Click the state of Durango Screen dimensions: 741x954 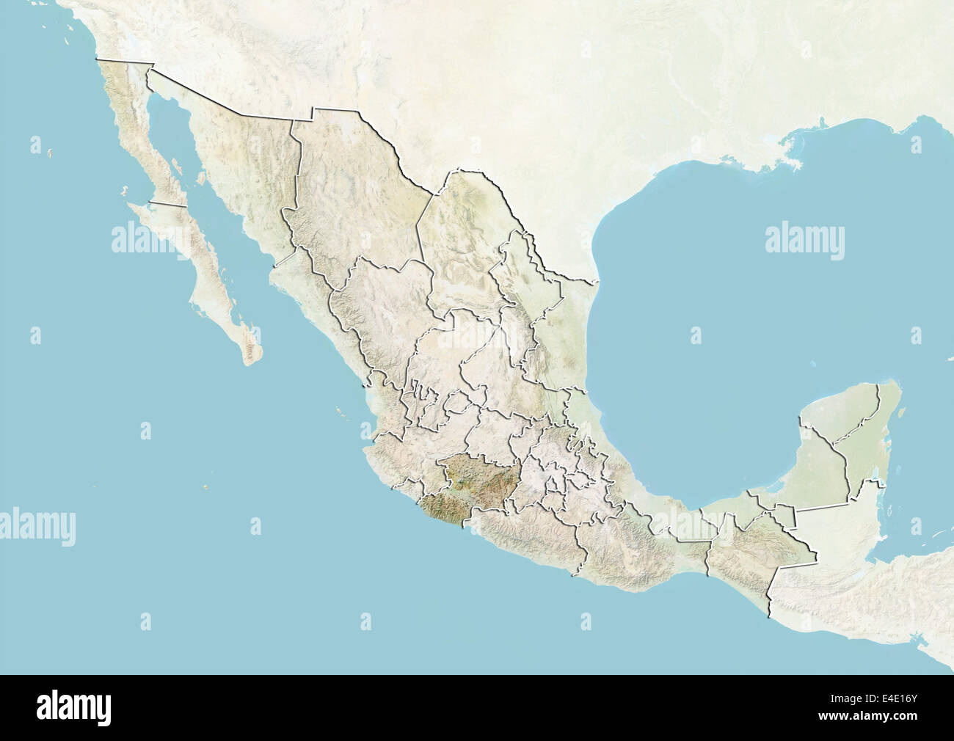(382, 308)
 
